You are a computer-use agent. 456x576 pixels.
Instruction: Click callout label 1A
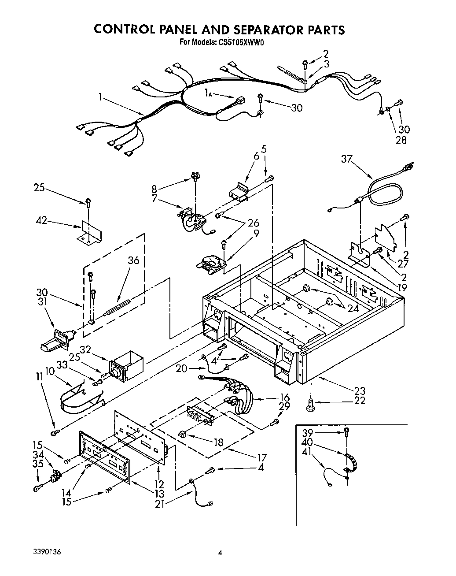pyautogui.click(x=209, y=93)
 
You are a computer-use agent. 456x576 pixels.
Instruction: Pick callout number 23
pyautogui.click(x=360, y=390)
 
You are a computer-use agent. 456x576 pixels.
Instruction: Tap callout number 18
pyautogui.click(x=218, y=442)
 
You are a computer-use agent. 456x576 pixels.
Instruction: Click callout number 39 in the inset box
pyautogui.click(x=307, y=432)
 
